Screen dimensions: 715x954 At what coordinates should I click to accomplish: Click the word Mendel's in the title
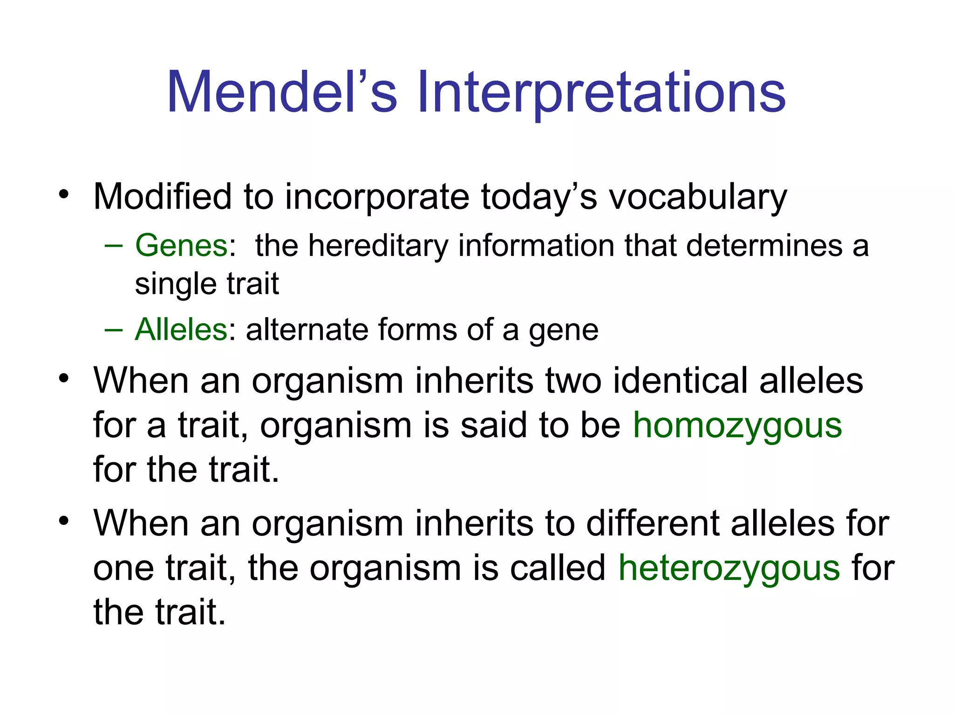(x=281, y=92)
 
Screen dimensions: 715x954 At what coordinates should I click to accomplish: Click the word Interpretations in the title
(x=601, y=92)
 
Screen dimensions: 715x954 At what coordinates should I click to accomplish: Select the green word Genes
(x=181, y=245)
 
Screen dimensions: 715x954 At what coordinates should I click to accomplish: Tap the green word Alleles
(x=181, y=330)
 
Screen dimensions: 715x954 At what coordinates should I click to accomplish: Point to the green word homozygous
(x=737, y=426)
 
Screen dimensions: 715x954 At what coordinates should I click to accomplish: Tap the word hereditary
(x=378, y=246)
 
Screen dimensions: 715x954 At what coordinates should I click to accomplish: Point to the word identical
(x=680, y=380)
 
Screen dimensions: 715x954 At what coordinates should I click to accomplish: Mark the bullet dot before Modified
(x=64, y=194)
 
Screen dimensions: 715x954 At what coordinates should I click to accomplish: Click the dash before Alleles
(x=113, y=330)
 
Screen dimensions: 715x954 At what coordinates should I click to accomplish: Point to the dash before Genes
(x=113, y=245)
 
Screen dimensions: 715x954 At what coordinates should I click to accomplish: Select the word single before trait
(x=175, y=284)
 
